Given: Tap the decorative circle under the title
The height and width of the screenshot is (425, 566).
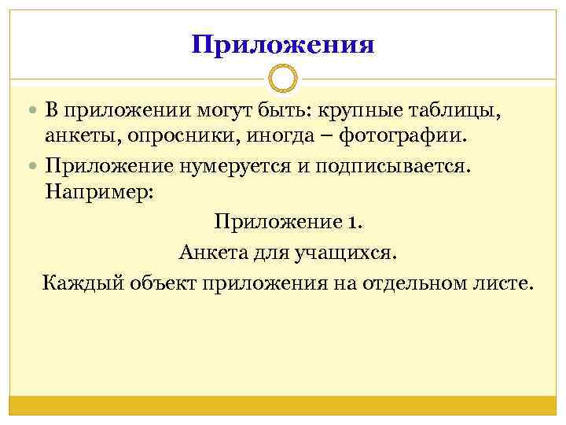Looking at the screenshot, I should (283, 79).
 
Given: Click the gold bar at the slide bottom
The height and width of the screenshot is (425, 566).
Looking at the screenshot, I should (283, 405).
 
